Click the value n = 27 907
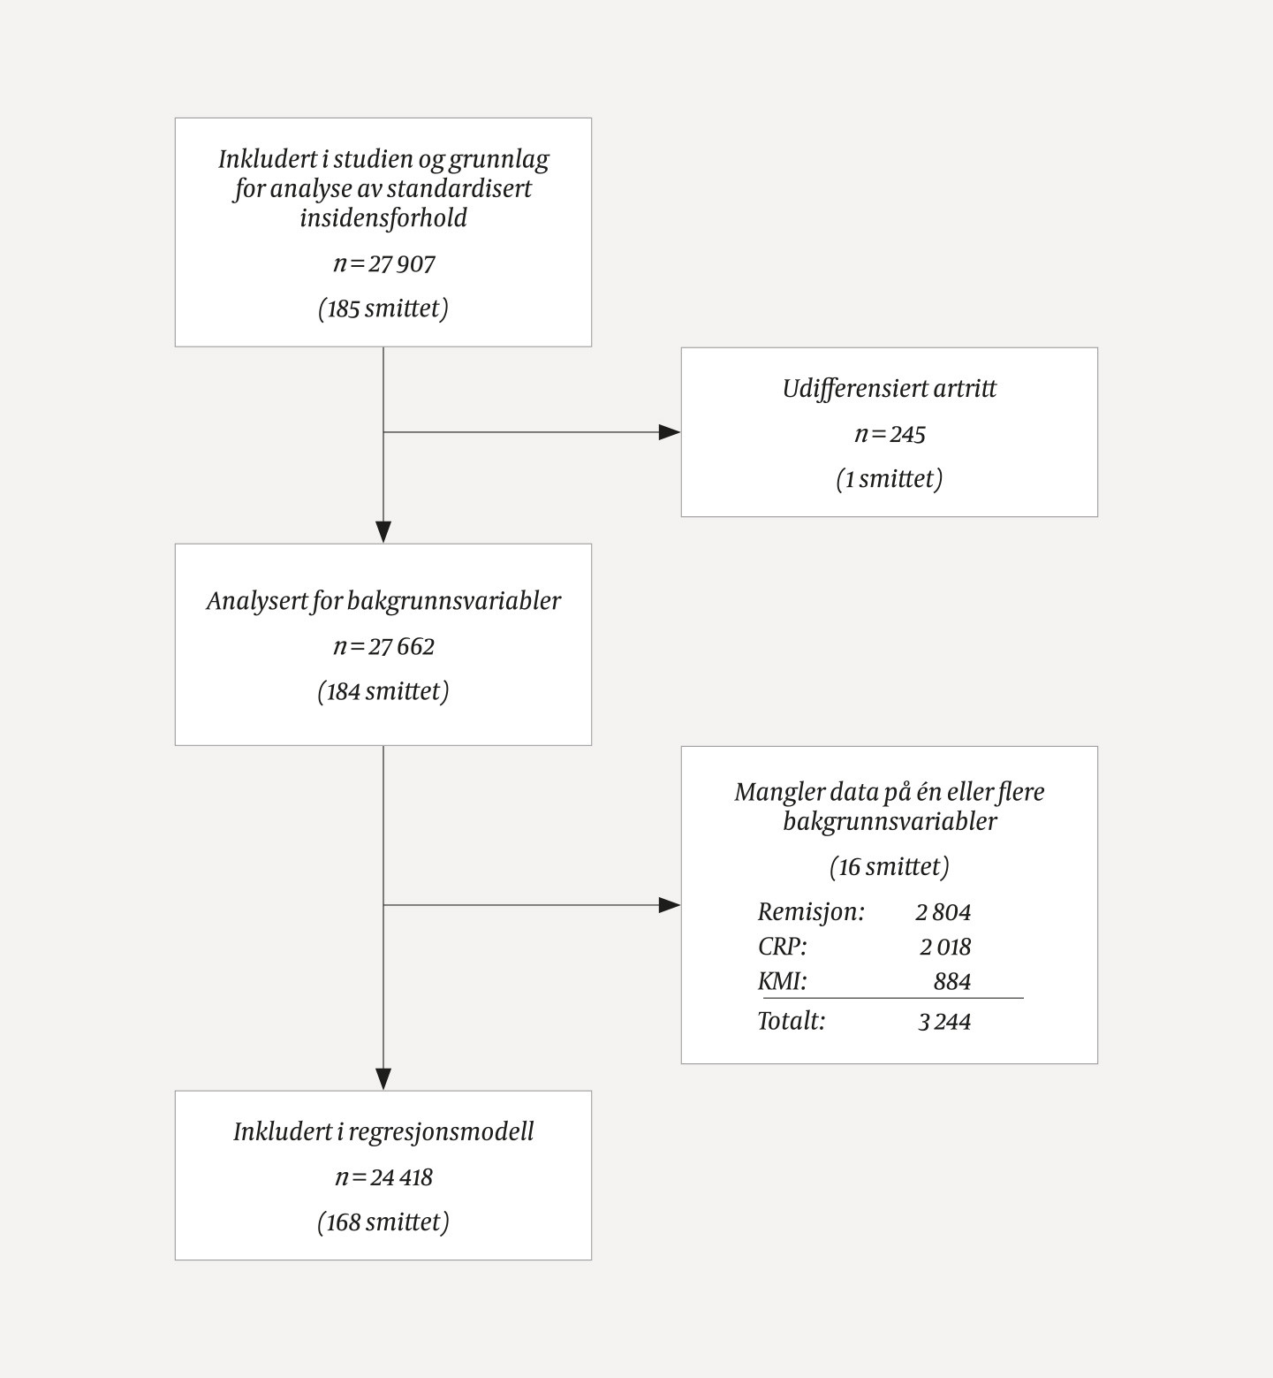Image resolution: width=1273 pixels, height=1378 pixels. coord(383,264)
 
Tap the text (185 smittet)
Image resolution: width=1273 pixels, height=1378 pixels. coord(383,308)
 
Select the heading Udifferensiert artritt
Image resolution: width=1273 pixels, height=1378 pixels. coord(889,389)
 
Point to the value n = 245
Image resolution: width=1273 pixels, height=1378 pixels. coord(889,434)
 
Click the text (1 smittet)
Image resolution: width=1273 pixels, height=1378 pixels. coord(889,479)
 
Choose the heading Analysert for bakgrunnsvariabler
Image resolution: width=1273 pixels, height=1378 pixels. coord(383,601)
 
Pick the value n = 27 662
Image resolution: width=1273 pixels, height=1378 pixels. coord(383,647)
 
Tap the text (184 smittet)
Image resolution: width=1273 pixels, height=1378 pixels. coord(383,691)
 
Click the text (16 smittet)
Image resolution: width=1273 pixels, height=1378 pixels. coord(889,867)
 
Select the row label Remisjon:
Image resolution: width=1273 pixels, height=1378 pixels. coord(811,912)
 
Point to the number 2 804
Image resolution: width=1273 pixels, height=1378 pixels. coord(943,912)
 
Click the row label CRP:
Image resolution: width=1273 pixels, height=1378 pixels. coord(782,947)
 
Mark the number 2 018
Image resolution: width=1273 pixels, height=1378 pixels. coord(944,948)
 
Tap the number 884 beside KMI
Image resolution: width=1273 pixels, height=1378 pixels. coord(951,982)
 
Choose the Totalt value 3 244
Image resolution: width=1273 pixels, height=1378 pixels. coord(943,1022)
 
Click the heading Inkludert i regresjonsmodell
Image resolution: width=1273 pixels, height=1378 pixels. coord(383,1132)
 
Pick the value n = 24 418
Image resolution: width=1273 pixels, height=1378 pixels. coord(383,1177)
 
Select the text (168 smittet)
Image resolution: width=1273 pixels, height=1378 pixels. coord(383,1222)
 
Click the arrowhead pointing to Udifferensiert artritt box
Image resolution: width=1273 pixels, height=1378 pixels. coord(670,432)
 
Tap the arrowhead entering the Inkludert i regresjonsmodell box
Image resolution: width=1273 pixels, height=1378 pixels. coord(383,1079)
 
